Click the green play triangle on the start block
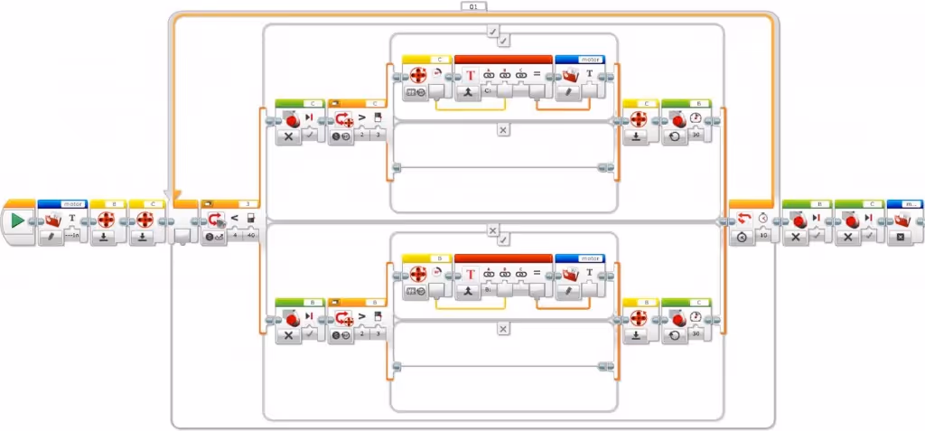(18, 220)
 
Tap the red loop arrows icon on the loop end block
(743, 220)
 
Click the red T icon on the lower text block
(470, 274)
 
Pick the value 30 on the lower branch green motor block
(696, 335)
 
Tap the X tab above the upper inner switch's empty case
(503, 130)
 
